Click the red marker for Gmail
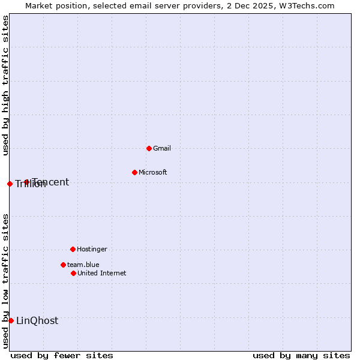coord(149,148)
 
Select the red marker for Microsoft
coord(134,172)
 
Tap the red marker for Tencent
coord(26,182)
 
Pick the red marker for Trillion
coord(10,184)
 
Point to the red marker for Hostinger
coord(73,249)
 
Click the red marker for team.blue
coord(63,265)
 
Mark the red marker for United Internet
coord(73,273)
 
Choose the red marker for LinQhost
coord(11,320)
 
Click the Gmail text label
coord(162,148)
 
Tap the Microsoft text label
coord(153,172)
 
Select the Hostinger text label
coord(92,249)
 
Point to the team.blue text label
coord(83,265)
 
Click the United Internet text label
coord(102,273)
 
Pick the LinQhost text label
coord(37,320)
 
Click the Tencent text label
coord(52,182)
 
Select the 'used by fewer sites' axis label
coord(62,355)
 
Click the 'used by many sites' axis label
coord(301,355)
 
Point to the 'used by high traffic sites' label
coord(5,85)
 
